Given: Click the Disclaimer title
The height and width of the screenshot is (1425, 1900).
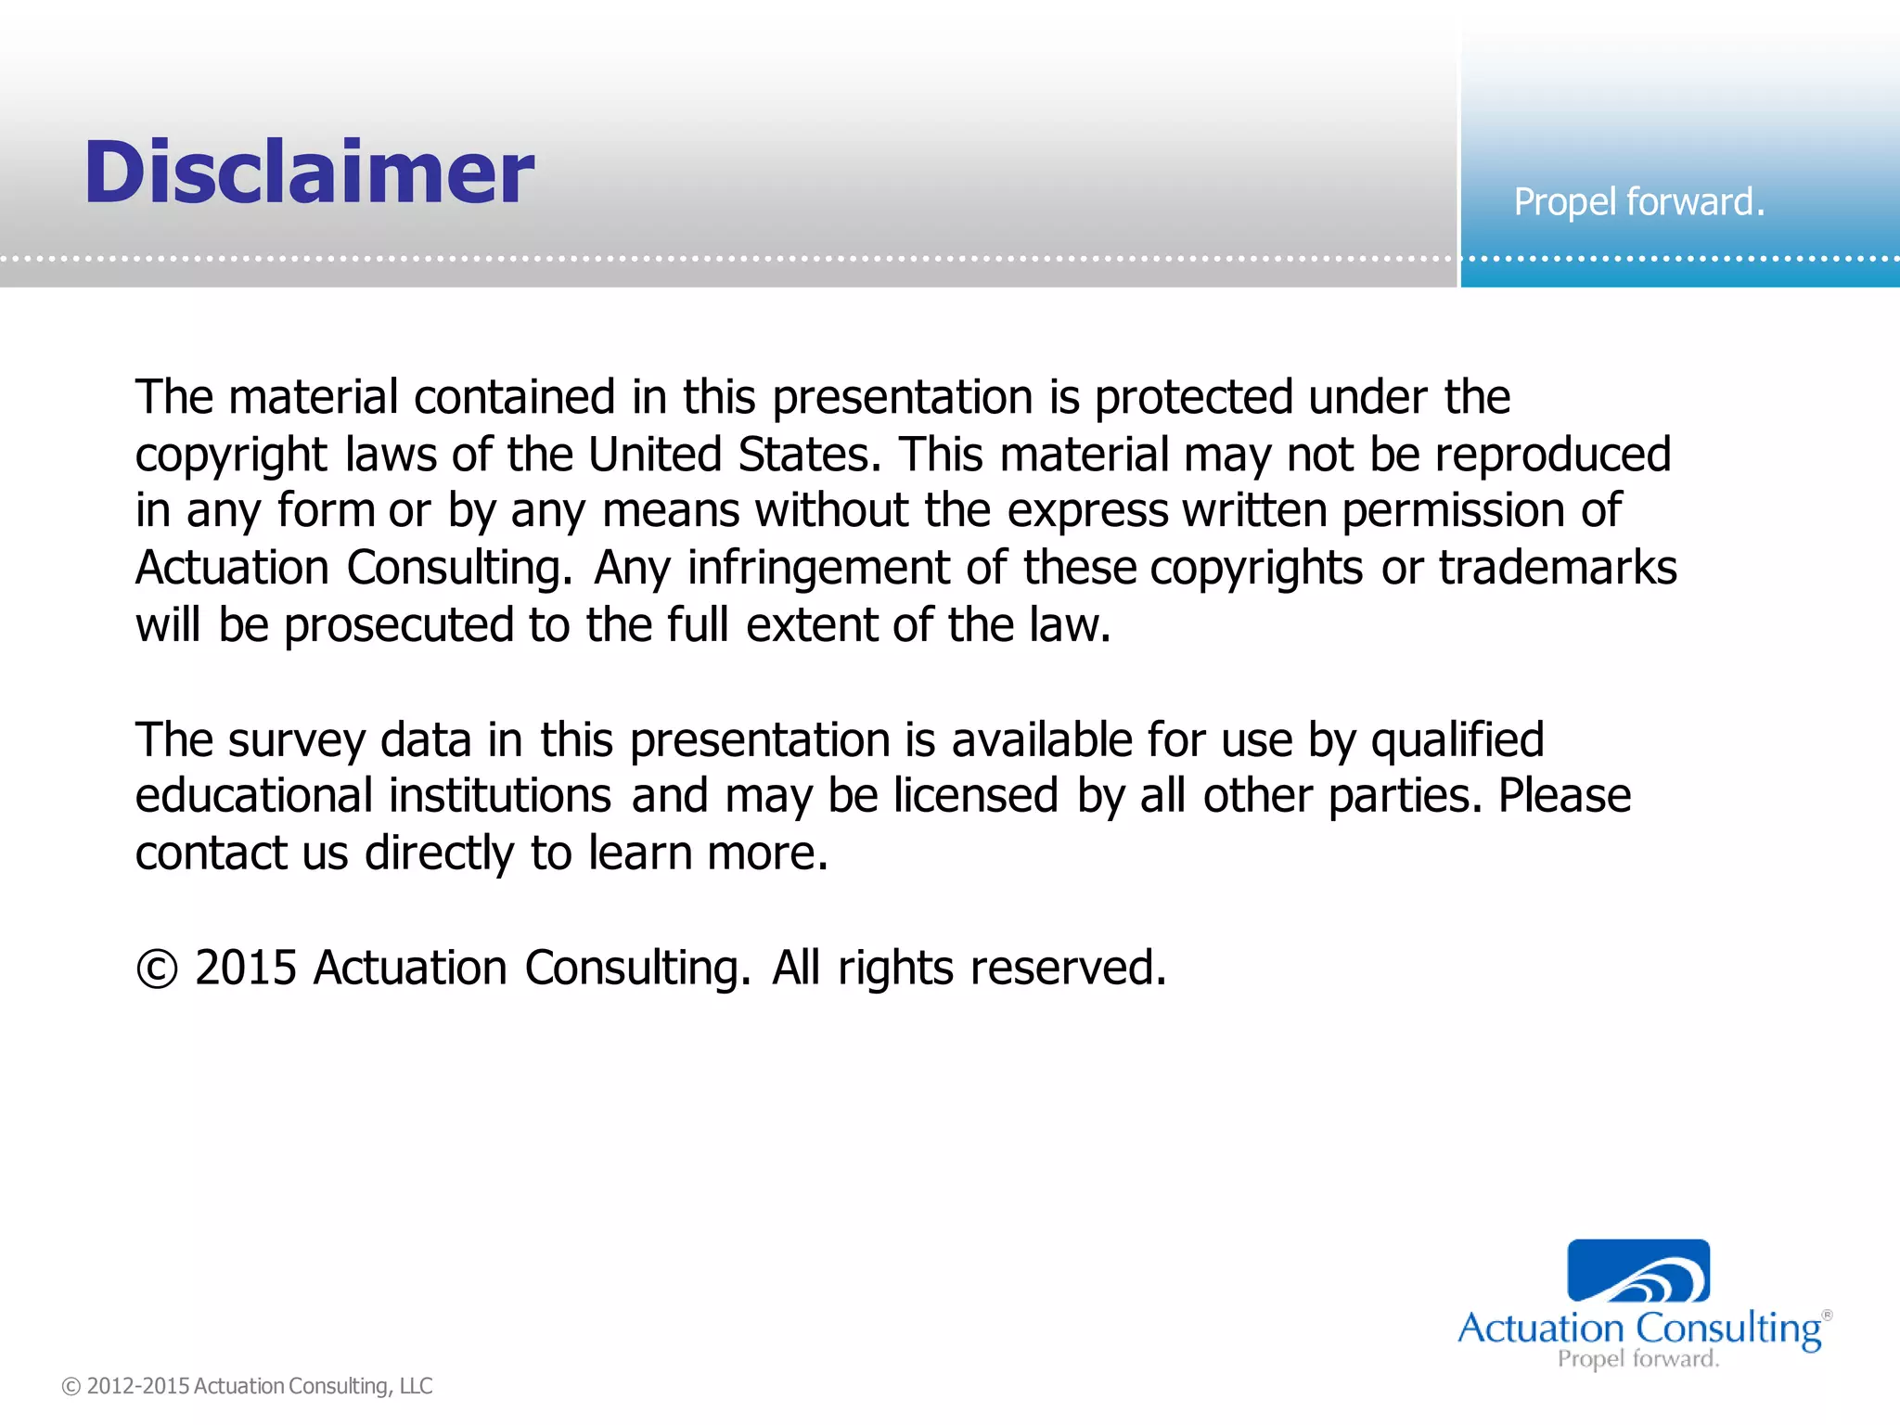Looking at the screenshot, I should tap(309, 173).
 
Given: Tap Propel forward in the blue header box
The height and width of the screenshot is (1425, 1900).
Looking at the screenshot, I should tap(1638, 202).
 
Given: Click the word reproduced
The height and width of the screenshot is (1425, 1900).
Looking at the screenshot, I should tap(1552, 455).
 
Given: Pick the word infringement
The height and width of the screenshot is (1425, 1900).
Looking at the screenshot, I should tap(818, 568).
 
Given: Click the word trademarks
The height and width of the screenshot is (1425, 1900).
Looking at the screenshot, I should tap(1558, 568).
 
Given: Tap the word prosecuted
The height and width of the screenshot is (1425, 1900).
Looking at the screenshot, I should tap(398, 625).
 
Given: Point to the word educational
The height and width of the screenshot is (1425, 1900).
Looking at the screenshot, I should tap(253, 796).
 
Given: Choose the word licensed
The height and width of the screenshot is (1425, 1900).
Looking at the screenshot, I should tap(975, 796).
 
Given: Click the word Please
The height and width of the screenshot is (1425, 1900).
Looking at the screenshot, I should tap(1564, 796).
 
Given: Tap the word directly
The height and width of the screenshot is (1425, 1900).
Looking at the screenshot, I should tap(439, 854).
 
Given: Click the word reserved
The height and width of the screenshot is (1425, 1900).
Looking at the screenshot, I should tap(1068, 968).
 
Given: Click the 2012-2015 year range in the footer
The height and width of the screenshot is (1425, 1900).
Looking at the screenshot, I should tap(138, 1386).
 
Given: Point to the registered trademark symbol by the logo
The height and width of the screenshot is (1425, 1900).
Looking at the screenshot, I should tap(1827, 1315).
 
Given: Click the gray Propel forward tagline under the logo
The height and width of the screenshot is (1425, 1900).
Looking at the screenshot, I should tap(1638, 1359).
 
